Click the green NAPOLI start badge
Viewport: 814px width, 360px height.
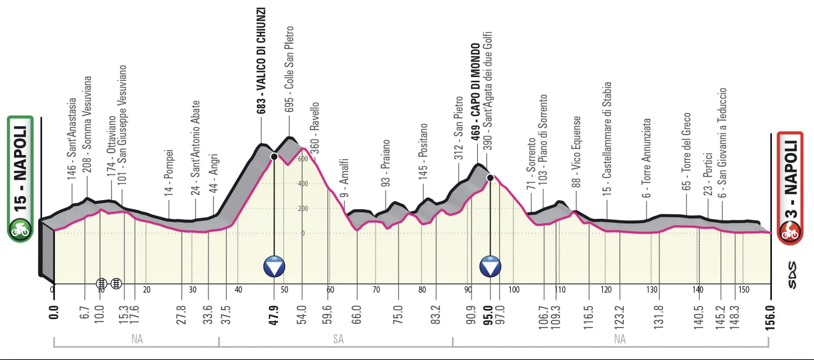[20, 179]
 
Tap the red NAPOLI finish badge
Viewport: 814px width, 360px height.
[790, 188]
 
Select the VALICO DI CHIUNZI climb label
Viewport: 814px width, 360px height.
[261, 61]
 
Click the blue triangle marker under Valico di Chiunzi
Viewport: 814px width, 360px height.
[274, 267]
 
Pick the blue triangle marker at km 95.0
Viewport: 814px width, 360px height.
[490, 267]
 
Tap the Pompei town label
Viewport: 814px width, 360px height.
[168, 172]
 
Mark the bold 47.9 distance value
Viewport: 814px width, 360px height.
[274, 315]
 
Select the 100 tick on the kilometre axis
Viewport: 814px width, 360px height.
[514, 290]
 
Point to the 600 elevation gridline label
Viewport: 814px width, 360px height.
[303, 159]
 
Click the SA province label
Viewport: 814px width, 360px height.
[338, 339]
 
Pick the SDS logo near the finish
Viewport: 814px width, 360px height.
[792, 275]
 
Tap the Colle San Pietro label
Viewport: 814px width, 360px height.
[289, 69]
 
